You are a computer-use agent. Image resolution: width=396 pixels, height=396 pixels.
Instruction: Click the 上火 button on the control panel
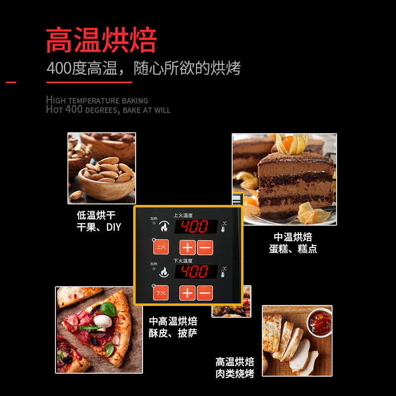point(160,247)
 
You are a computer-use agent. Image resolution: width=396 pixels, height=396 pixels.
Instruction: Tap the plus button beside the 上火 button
point(187,247)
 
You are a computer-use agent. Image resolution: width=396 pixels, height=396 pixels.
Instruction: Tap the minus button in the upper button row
point(204,247)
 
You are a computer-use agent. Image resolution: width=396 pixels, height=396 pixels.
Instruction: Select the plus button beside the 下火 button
point(187,293)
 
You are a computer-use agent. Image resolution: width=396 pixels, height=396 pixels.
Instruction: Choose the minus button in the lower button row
point(204,293)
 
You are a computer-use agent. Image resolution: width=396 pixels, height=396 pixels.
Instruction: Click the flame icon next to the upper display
point(164,227)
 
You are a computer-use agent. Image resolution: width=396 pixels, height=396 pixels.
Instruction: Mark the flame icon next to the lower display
point(164,271)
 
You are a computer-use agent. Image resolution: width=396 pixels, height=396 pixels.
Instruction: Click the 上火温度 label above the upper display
point(183,215)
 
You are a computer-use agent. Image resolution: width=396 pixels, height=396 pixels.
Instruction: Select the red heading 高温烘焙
point(101,40)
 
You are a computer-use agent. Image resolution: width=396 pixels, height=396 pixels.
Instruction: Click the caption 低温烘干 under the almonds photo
point(96,215)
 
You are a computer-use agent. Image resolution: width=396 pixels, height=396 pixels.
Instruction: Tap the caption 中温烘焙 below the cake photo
point(293,237)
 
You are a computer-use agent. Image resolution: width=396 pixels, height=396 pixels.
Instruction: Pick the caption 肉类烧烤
point(235,374)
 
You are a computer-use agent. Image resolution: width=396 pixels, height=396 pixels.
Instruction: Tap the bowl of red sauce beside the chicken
point(319,322)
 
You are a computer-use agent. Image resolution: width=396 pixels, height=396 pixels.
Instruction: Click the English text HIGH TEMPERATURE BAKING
point(97,100)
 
